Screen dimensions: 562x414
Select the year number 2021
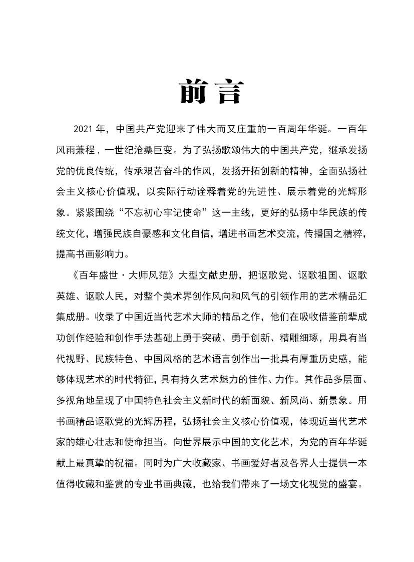pyautogui.click(x=84, y=129)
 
